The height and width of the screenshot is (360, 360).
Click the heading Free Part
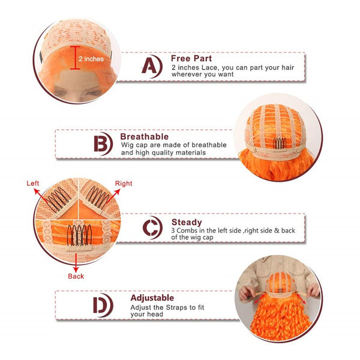click(191, 58)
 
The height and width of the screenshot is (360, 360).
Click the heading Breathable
click(145, 137)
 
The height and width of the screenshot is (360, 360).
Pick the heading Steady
click(187, 222)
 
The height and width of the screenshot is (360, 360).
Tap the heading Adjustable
click(152, 298)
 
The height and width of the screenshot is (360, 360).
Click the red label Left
click(32, 183)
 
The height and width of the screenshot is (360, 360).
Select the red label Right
click(124, 184)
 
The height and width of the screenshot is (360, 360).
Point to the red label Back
click(76, 276)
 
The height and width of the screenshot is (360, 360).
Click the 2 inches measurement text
click(91, 59)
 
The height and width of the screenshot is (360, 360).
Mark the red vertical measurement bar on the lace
click(75, 58)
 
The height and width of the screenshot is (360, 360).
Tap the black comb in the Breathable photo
click(280, 143)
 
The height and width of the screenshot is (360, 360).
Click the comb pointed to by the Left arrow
click(58, 199)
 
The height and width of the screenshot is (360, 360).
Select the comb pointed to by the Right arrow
click(97, 197)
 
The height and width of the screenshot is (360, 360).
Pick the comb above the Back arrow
click(79, 235)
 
